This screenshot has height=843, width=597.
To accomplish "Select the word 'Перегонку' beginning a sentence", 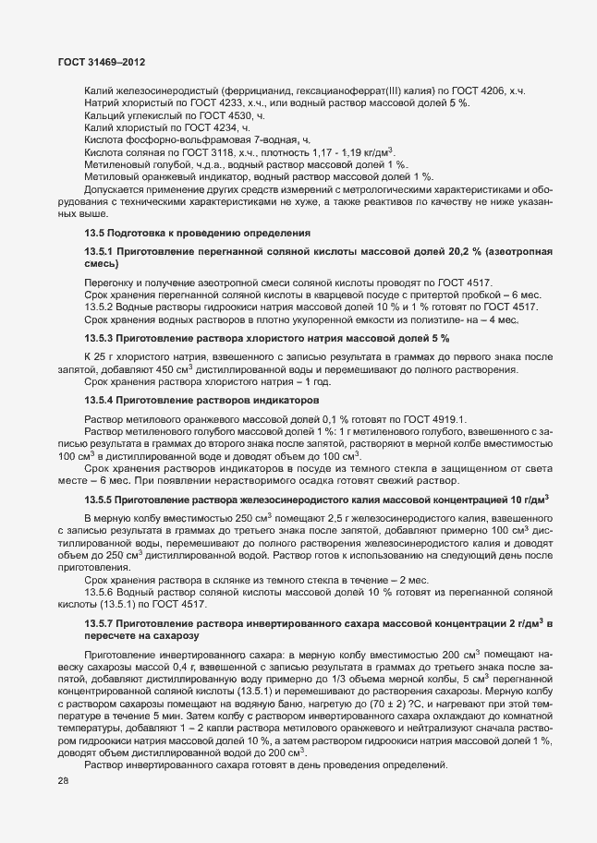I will click(110, 281).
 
